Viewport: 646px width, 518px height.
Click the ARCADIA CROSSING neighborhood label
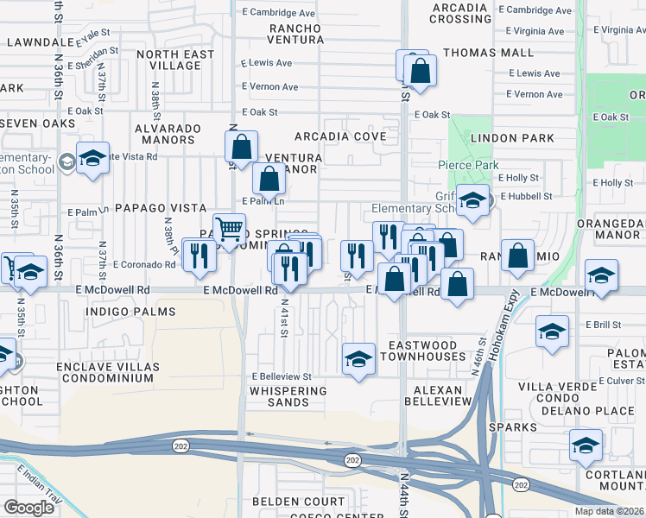click(459, 13)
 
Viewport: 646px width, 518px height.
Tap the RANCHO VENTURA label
click(295, 35)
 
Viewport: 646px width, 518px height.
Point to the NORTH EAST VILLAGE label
click(175, 60)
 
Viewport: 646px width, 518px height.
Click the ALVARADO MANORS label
click(168, 136)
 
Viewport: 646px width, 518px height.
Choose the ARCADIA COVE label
click(340, 136)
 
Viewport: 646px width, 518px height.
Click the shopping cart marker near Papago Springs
click(229, 230)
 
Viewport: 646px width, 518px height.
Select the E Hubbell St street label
click(524, 196)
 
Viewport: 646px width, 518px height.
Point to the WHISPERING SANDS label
click(288, 391)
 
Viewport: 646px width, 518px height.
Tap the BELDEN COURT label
click(299, 501)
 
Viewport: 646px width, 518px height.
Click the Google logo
click(29, 507)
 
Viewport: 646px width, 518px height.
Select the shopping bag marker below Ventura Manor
click(269, 179)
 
